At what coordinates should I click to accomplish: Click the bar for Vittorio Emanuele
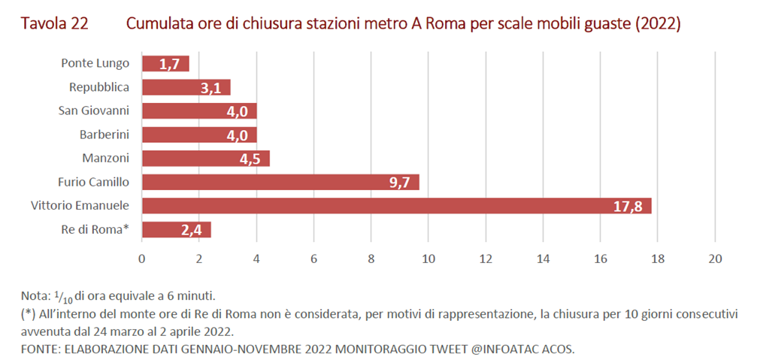(x=396, y=206)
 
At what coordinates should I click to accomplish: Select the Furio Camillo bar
(x=280, y=182)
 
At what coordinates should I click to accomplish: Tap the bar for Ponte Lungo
(x=165, y=64)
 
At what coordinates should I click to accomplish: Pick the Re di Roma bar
(x=176, y=229)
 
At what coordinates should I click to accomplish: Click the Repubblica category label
(x=99, y=87)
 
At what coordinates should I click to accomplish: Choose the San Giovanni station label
(x=94, y=110)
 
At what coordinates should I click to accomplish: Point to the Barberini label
(x=104, y=135)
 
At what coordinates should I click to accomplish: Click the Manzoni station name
(x=106, y=158)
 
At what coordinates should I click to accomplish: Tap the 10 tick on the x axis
(x=428, y=259)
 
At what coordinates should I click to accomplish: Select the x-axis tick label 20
(x=715, y=259)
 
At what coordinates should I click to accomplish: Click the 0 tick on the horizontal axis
(x=141, y=259)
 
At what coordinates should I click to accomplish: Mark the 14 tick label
(x=543, y=259)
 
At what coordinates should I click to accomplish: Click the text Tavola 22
(x=54, y=24)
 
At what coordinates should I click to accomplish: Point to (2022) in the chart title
(x=658, y=24)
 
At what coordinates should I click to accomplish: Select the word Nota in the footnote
(x=34, y=296)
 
